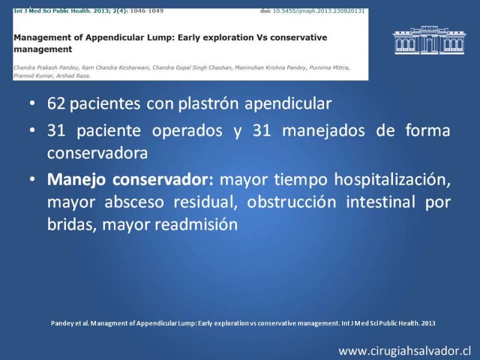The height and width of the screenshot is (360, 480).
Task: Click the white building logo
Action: (429, 40)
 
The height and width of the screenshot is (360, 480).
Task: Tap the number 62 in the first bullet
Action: (56, 103)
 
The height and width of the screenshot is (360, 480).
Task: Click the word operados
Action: (187, 131)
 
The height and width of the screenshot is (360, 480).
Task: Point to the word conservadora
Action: (97, 153)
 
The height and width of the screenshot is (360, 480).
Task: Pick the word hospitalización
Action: (392, 179)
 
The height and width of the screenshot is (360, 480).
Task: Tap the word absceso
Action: (134, 202)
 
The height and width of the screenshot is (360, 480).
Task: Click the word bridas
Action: (72, 224)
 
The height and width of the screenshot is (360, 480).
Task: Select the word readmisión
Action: (196, 224)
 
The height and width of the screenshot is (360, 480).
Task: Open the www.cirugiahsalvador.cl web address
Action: (404, 351)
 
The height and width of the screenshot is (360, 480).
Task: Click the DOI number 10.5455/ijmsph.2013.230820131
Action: (319, 11)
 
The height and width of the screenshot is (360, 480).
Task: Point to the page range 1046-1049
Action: (146, 11)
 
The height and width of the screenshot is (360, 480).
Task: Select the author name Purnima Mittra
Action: (329, 68)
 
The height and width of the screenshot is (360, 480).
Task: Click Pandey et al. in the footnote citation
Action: (70, 323)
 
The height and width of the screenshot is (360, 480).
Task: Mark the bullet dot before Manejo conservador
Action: (32, 179)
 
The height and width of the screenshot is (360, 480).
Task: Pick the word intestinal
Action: (380, 202)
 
